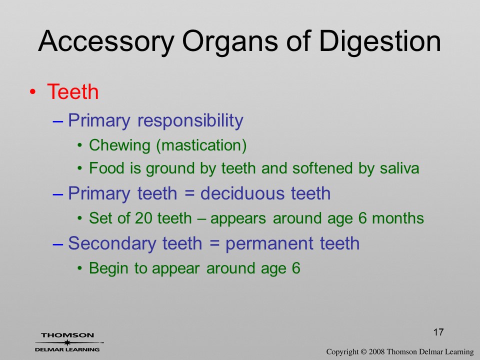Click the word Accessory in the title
(x=106, y=42)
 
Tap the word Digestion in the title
(x=380, y=42)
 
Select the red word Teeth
(x=73, y=91)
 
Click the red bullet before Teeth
(x=32, y=92)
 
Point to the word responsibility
(x=190, y=121)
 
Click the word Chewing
(x=119, y=145)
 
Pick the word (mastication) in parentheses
(x=201, y=145)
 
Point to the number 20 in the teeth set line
(x=143, y=218)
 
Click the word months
(x=397, y=218)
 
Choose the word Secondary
(x=111, y=243)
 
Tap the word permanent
(x=269, y=244)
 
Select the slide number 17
(x=438, y=332)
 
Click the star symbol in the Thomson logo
(x=67, y=342)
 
